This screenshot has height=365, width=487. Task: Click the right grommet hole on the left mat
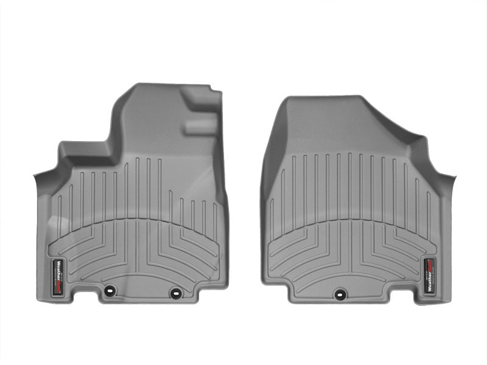point(175,292)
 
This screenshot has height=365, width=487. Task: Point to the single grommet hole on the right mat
point(338,293)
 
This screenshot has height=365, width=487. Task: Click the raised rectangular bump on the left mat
point(201,127)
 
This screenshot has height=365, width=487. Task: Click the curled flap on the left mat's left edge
point(41,182)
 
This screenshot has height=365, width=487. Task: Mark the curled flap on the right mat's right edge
point(448,182)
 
